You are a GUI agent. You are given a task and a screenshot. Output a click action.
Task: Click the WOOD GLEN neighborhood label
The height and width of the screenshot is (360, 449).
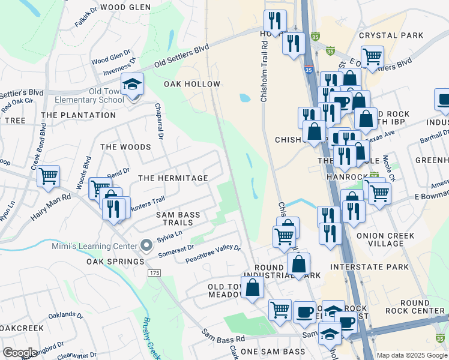coord(125,7)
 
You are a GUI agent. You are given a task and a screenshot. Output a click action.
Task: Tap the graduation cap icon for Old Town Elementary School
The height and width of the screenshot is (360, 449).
coord(132,85)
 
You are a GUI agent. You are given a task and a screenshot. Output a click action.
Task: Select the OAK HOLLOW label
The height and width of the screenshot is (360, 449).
coord(192,84)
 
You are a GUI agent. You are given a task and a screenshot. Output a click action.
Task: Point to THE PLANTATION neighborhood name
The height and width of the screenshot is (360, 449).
coord(78,115)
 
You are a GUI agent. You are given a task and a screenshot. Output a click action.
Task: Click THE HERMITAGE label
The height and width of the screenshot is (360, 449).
coord(173,178)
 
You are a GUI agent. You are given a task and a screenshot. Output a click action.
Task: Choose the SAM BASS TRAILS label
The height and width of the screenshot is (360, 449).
coord(178,219)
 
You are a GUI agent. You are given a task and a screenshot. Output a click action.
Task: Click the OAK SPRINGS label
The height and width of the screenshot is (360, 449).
coord(115,262)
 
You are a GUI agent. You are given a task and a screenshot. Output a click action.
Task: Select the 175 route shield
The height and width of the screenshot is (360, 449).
coord(155,273)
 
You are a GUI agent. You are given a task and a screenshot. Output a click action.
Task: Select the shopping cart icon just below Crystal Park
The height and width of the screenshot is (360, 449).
coord(373,57)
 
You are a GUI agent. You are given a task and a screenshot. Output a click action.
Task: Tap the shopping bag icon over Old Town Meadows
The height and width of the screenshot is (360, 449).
coord(253,287)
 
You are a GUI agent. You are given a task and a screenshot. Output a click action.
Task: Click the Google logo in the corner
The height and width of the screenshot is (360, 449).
coord(20,353)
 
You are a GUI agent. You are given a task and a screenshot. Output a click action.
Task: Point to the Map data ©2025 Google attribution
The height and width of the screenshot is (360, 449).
coord(411,355)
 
